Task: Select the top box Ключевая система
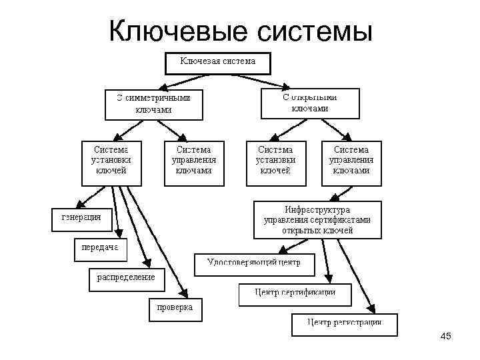[x=218, y=63]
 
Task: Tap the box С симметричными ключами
[x=153, y=103]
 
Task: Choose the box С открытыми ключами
[x=309, y=103]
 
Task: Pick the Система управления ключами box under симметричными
[x=193, y=162]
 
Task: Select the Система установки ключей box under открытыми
[x=276, y=162]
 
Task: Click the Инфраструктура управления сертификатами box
[x=317, y=220]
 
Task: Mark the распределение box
[x=127, y=278]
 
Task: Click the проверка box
[x=174, y=309]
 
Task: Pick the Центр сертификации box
[x=295, y=294]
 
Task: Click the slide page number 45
[x=446, y=337]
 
